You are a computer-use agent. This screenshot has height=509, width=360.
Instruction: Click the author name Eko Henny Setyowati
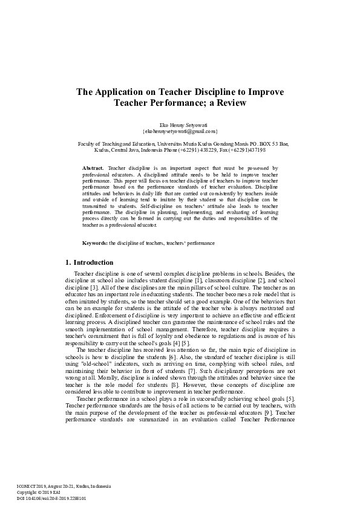[180, 123]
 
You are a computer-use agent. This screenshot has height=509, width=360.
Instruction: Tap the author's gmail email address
[180, 130]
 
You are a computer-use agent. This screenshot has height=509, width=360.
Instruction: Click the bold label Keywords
[95, 242]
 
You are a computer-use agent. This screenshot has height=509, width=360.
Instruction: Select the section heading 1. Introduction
[89, 262]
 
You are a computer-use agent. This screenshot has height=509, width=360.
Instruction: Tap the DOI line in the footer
[51, 499]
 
